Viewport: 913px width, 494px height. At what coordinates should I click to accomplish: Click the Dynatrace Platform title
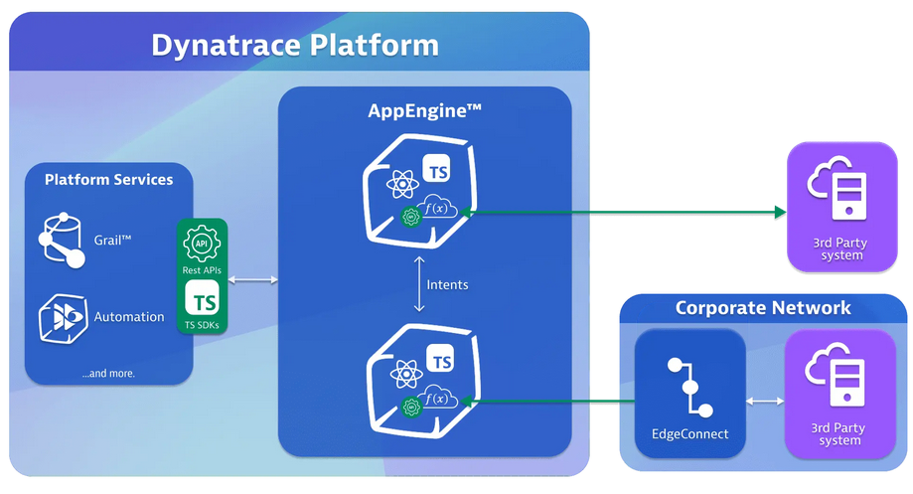[x=294, y=45]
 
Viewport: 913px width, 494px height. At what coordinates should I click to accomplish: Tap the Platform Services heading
[x=108, y=180]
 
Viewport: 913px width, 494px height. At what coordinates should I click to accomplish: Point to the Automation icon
[x=63, y=317]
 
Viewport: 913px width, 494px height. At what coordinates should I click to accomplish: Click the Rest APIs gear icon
[x=203, y=243]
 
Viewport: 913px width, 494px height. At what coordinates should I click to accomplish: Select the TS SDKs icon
[x=204, y=301]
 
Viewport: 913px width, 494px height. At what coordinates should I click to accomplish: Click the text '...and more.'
[x=108, y=373]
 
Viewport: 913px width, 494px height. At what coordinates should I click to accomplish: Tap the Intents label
[x=447, y=284]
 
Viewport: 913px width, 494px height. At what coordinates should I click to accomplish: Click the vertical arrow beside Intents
[x=418, y=284]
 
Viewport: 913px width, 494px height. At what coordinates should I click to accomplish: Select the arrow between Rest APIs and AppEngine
[x=253, y=281]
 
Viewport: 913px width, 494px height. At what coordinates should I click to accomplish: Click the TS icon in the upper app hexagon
[x=438, y=171]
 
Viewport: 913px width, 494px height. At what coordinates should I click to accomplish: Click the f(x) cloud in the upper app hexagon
[x=437, y=209]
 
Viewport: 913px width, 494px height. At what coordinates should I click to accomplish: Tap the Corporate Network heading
[x=762, y=307]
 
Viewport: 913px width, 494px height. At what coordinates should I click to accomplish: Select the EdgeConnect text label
[x=689, y=434]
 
